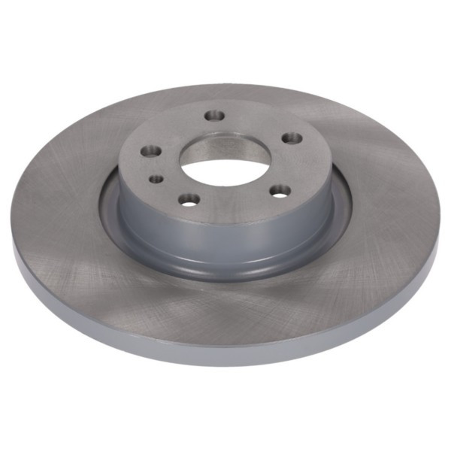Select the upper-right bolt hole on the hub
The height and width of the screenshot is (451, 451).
[x=291, y=138]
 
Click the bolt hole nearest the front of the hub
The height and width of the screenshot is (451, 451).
[x=190, y=199]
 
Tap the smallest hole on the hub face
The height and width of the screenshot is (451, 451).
[x=156, y=179]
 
